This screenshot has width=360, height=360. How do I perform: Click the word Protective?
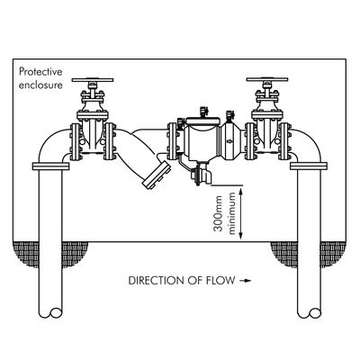point(40,72)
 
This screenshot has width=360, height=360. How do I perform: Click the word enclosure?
point(40,85)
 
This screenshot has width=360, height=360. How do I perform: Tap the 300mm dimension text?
point(219,213)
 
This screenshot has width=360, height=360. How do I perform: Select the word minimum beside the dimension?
point(232,213)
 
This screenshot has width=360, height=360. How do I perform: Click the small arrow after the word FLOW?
point(245,281)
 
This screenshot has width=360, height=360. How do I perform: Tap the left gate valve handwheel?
point(93,80)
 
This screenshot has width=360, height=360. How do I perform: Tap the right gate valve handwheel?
point(267,80)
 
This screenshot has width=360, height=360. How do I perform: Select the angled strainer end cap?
point(157,175)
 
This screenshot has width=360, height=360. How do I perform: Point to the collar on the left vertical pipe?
point(50,166)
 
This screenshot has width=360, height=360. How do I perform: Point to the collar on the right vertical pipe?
point(309,166)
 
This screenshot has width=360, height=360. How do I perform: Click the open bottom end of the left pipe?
point(51,312)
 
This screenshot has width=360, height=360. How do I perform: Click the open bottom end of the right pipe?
point(309,312)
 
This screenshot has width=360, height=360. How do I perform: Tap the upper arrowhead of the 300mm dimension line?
point(240,189)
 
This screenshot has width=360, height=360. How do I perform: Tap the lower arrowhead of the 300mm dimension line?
point(240,237)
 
